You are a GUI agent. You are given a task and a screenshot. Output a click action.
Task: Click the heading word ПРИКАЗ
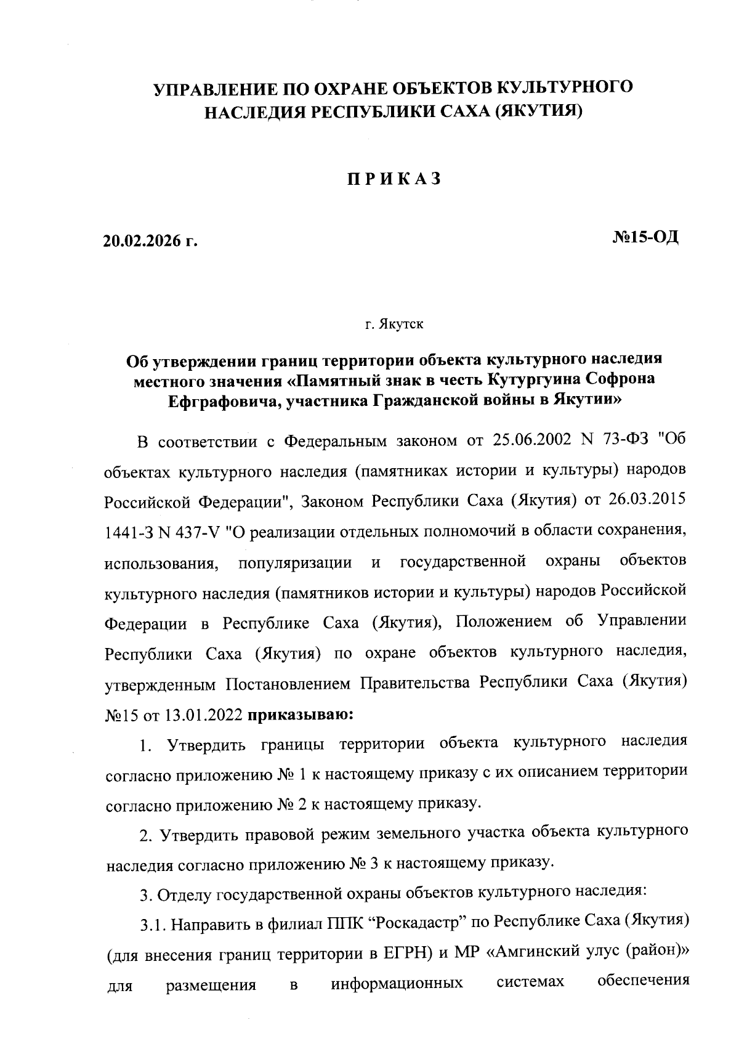[393, 178]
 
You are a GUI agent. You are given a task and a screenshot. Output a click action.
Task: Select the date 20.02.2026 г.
[150, 240]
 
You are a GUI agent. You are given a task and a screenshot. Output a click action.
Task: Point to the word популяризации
[295, 562]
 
